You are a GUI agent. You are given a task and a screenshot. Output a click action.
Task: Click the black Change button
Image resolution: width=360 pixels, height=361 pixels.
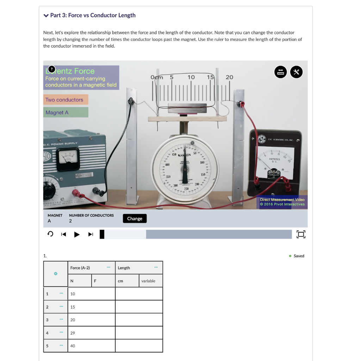(x=135, y=219)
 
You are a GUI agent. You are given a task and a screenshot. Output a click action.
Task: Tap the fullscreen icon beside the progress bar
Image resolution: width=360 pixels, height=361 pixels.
(x=300, y=234)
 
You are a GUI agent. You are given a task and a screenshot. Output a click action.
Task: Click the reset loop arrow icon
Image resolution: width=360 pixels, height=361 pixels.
(x=50, y=234)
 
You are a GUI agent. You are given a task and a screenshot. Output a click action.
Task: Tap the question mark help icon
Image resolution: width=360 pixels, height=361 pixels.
(x=51, y=69)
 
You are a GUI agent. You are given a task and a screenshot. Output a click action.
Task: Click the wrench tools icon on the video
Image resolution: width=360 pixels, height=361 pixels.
(x=297, y=72)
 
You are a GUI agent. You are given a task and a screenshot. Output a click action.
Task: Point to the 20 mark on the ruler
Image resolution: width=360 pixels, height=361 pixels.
(x=229, y=77)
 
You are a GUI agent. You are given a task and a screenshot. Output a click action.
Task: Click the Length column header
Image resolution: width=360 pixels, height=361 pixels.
(x=124, y=268)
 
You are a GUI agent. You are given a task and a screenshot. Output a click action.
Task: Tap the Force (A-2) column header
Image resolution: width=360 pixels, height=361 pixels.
(x=80, y=268)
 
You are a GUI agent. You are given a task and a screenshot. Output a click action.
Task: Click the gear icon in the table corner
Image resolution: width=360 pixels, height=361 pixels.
(x=55, y=274)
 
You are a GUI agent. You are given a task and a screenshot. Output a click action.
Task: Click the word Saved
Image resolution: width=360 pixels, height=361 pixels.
(x=299, y=256)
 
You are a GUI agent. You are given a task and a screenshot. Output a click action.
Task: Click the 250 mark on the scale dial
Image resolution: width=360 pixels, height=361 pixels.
(x=187, y=189)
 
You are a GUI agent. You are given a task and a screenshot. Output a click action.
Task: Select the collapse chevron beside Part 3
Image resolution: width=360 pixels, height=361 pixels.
(x=46, y=16)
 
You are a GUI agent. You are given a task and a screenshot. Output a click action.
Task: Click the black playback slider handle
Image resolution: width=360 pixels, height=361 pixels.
(x=102, y=234)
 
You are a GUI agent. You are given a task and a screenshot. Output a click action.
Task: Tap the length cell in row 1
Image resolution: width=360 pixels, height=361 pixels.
(x=139, y=294)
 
